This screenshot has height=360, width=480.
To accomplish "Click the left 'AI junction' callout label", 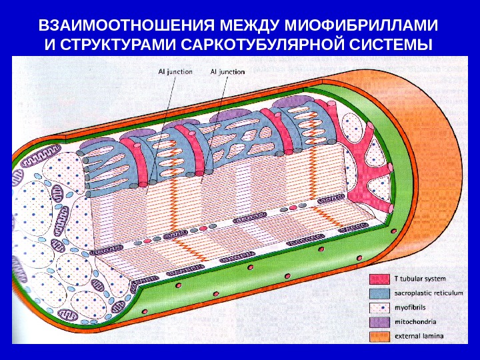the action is [x=175, y=71].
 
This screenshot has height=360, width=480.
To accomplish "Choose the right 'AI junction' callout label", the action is [x=227, y=71].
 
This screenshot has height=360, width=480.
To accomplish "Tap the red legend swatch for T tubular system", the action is [x=379, y=279].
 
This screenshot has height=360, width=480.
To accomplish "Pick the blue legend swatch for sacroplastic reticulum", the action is [x=379, y=294].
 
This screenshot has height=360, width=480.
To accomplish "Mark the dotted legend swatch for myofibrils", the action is [x=379, y=308].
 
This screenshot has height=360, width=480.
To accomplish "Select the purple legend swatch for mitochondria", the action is [x=379, y=322].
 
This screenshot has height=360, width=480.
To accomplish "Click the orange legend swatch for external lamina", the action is [x=379, y=336].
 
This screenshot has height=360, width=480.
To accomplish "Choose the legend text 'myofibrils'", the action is [x=411, y=308].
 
